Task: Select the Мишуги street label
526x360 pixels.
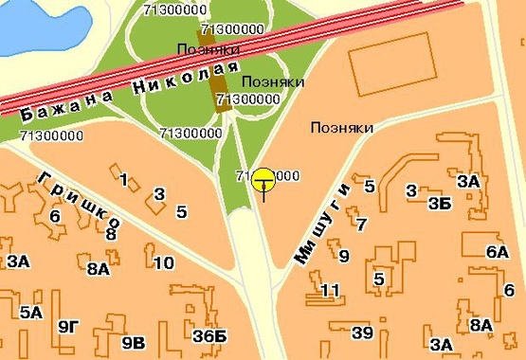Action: coord(323,223)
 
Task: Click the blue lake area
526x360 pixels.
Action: coord(24,24)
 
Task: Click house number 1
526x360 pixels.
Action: coord(124,178)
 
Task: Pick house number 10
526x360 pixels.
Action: coord(164,263)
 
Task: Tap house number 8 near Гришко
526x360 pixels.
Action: coord(111,234)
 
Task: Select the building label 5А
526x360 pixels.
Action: coord(30,312)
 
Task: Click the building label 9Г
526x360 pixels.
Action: coord(67,328)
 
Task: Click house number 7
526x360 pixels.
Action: coord(360,225)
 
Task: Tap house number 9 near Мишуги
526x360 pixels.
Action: coord(344,256)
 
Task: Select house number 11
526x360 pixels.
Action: coord(331,290)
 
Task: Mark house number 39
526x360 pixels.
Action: coord(362,332)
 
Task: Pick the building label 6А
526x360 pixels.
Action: coord(497,252)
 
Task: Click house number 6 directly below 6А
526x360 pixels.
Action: coord(509,290)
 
